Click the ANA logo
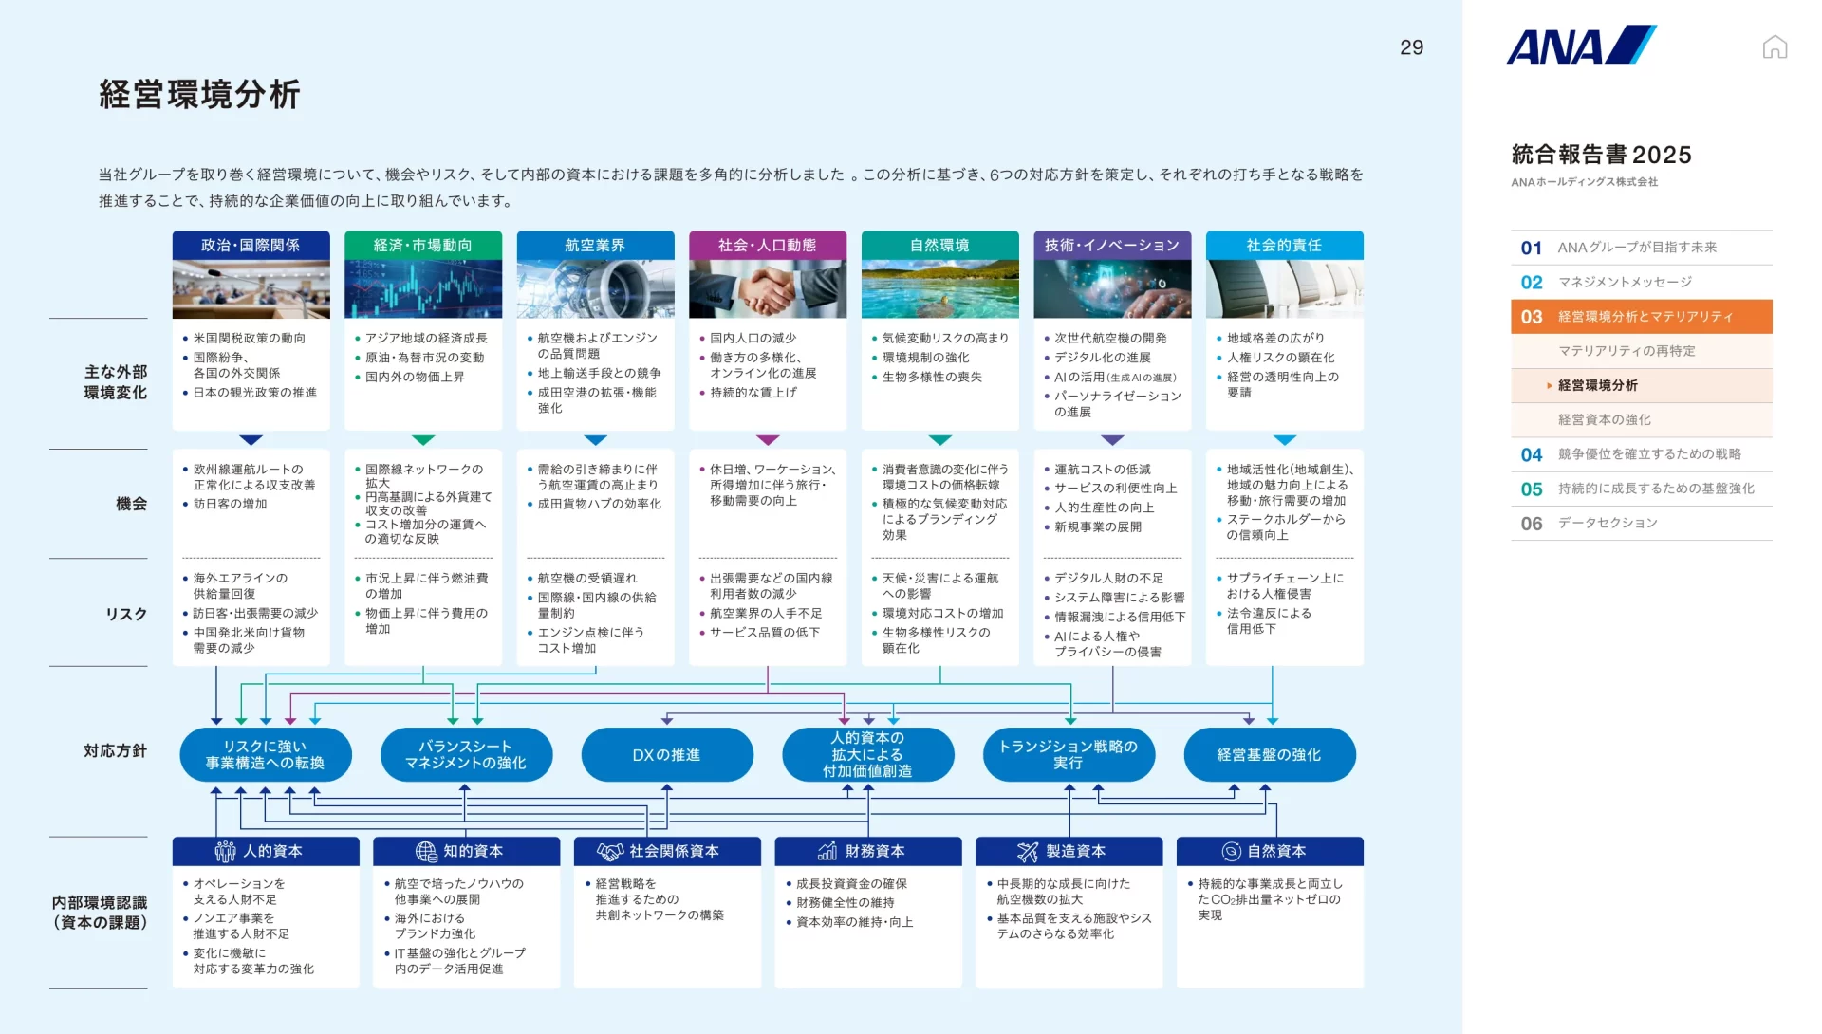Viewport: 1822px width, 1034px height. (x=1581, y=45)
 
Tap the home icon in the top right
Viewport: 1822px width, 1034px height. (x=1775, y=46)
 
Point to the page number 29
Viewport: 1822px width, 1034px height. (x=1411, y=47)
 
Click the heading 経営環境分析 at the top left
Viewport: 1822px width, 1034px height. (x=200, y=94)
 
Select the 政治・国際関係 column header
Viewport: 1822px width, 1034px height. (x=251, y=245)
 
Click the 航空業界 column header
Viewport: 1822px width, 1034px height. (x=595, y=245)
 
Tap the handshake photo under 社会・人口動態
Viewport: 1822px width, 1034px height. (x=768, y=289)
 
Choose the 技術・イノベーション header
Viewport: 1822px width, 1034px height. (x=1112, y=245)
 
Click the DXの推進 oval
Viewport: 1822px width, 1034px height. (x=667, y=754)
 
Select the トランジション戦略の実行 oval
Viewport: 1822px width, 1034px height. (x=1069, y=754)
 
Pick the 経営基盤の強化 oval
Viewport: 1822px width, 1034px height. (x=1270, y=754)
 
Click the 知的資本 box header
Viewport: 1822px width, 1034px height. (x=467, y=851)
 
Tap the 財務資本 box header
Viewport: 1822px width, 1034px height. (x=868, y=851)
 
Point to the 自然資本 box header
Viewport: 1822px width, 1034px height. (x=1270, y=851)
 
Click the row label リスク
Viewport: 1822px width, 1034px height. (x=126, y=614)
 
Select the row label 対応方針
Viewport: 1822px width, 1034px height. (x=116, y=750)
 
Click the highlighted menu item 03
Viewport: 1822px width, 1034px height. (x=1642, y=317)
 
